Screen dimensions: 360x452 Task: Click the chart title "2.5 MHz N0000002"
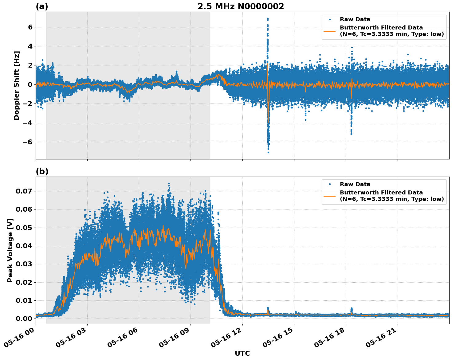point(241,6)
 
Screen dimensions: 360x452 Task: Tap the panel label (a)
point(42,6)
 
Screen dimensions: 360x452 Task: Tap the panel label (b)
point(42,171)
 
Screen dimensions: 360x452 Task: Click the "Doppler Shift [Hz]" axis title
point(17,85)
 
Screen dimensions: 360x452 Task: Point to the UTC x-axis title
point(242,353)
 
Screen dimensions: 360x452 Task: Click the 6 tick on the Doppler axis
point(30,27)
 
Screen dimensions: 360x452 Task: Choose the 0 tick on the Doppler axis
point(30,84)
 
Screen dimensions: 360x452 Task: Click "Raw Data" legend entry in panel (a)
point(355,19)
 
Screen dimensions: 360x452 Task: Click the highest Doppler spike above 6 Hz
point(268,19)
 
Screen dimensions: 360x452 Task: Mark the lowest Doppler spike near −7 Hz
point(268,152)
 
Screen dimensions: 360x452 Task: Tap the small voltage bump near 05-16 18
point(352,309)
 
